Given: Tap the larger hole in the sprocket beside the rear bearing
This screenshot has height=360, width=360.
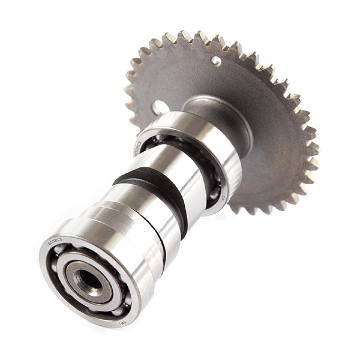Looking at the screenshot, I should (x=160, y=106).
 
